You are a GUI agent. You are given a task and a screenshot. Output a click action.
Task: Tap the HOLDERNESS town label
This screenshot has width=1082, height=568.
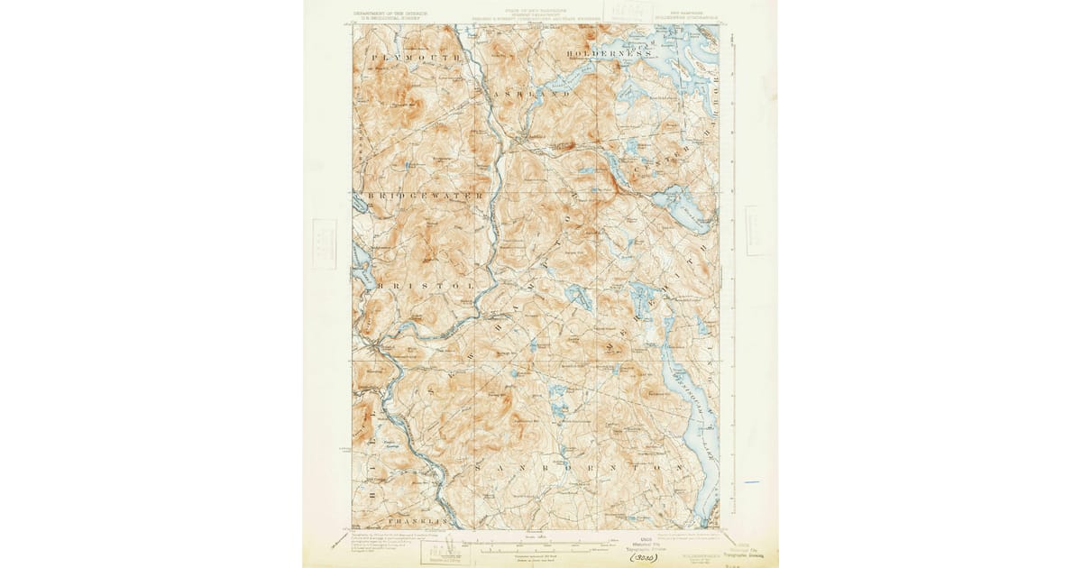[609, 55]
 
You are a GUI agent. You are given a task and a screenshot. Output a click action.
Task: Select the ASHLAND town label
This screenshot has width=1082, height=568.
[532, 94]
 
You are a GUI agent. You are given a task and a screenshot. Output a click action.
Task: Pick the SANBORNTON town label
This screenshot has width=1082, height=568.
[574, 469]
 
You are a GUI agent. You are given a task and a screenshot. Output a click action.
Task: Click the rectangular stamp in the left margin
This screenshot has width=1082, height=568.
[323, 243]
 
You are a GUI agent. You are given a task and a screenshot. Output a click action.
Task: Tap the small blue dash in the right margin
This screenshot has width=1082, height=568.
[752, 482]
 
